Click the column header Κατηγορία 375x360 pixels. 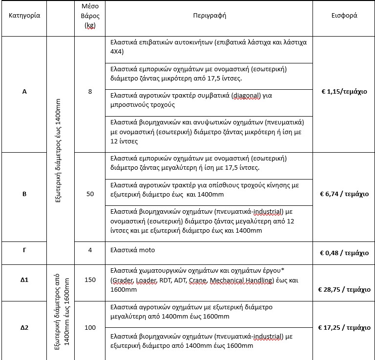click(24, 15)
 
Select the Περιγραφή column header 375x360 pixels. click(209, 15)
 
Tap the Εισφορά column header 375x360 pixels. click(344, 15)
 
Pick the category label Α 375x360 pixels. click(24, 91)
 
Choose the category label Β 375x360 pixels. click(24, 194)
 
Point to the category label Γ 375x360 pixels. click(24, 253)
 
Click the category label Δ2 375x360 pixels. click(24, 327)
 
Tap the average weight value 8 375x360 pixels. click(90, 91)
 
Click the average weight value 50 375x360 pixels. click(90, 194)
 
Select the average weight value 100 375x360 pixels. click(90, 327)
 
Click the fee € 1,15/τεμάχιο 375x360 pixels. click(344, 91)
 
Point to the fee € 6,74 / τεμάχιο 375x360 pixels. click(344, 194)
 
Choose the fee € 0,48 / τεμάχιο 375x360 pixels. click(344, 253)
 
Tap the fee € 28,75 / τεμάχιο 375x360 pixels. click(344, 289)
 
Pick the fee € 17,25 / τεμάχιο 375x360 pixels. click(344, 327)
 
